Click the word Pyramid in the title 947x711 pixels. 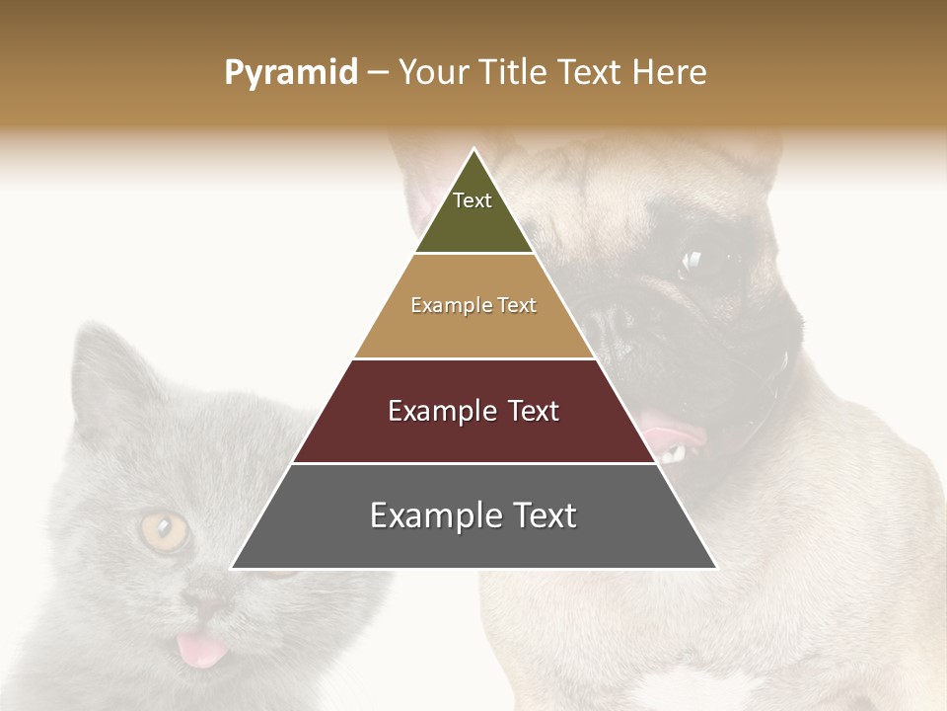pos(290,73)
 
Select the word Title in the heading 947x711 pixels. pos(515,73)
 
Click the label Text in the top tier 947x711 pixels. pos(473,200)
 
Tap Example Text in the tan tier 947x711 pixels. pos(473,305)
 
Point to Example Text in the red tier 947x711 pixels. pos(473,411)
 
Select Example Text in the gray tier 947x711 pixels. pos(473,515)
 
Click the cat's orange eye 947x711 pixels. pos(164,530)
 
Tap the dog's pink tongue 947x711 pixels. pos(671,432)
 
